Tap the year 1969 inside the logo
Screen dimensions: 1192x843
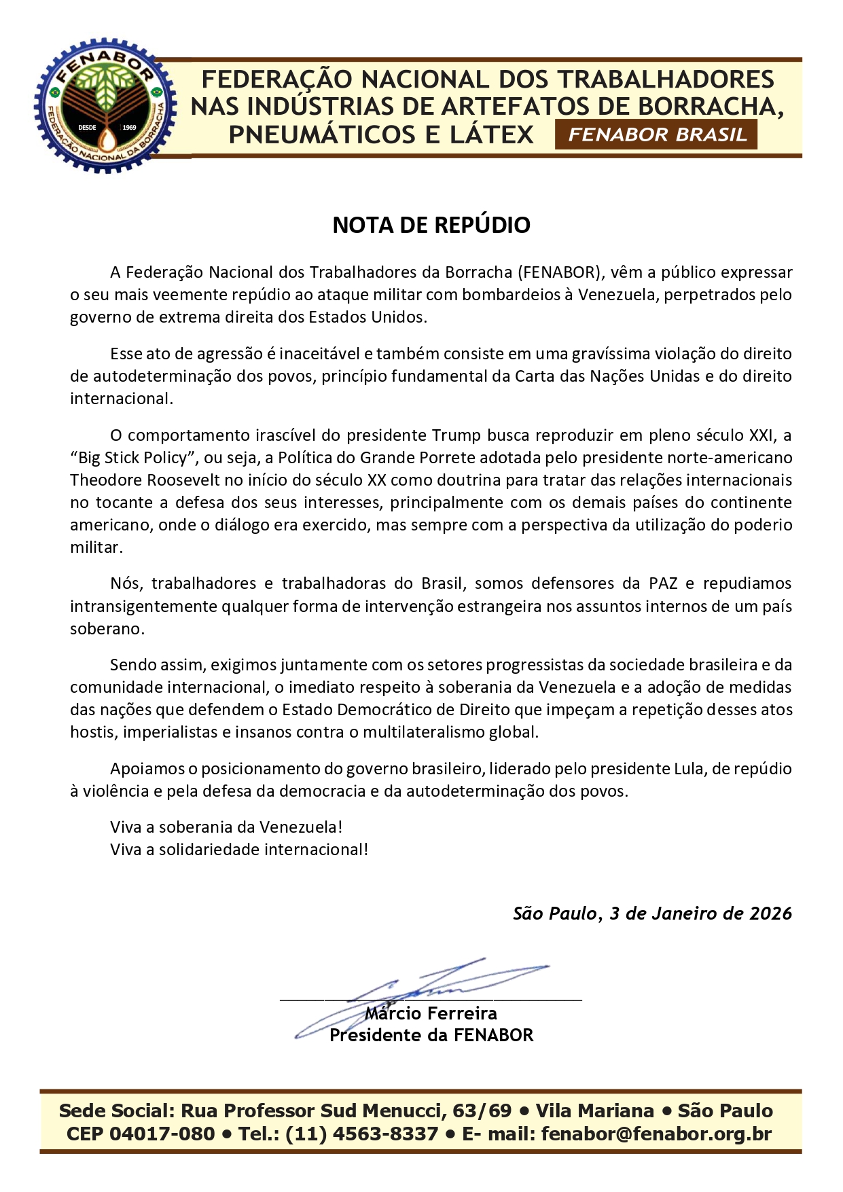(128, 127)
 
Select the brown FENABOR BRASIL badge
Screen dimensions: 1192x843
(656, 134)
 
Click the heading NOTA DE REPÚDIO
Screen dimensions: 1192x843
(431, 225)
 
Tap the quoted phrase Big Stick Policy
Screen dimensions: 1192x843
(132, 458)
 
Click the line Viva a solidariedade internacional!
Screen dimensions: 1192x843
(239, 850)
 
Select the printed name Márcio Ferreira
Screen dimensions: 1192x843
(431, 1013)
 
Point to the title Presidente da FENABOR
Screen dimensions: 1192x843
(431, 1035)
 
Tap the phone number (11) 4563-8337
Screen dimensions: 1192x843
(361, 1134)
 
